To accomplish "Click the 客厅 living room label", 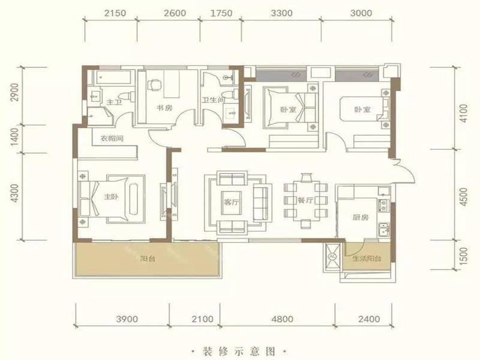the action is tap(231, 202).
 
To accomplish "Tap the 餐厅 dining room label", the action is tap(305, 200).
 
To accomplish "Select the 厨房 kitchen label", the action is tap(361, 217).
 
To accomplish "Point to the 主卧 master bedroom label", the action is tap(112, 197).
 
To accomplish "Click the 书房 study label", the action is tap(164, 108).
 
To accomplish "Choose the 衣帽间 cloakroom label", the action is tap(112, 139).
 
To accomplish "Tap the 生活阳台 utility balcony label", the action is tap(367, 259).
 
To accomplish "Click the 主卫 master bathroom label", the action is tap(114, 101).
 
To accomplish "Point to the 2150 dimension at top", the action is tap(115, 13).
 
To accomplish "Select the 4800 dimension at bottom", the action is tap(282, 319).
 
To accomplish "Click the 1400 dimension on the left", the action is tap(14, 137).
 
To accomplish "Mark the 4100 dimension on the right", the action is tap(464, 113).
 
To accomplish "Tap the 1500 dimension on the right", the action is tap(464, 256).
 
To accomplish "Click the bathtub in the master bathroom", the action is tap(115, 77).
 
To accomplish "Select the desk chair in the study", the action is tap(155, 85).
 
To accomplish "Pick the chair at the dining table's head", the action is tap(306, 178).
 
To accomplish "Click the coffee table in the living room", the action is tap(231, 203).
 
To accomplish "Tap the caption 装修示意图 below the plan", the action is tap(239, 351).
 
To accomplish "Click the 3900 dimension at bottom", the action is tap(127, 319).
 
